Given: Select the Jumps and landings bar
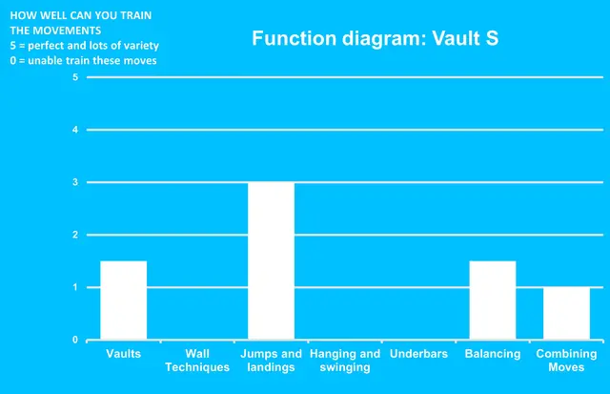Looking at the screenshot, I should click(x=271, y=260).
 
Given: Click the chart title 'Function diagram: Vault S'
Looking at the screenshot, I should click(x=375, y=39).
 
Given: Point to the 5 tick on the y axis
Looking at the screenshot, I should click(x=75, y=77).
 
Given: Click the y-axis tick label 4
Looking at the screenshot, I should click(x=75, y=130).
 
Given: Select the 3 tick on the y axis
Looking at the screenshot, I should click(x=75, y=182).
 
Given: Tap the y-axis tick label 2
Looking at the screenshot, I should click(x=75, y=235).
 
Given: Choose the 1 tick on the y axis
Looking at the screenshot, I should click(x=75, y=287).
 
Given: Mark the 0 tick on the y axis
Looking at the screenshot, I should click(x=75, y=340).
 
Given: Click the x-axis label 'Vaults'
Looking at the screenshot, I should click(x=124, y=354).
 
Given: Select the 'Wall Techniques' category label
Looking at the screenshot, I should click(x=197, y=360).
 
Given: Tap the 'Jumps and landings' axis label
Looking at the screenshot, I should click(x=271, y=360).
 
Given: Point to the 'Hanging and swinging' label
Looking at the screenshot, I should click(x=345, y=360).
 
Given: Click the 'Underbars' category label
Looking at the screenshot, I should click(x=418, y=354).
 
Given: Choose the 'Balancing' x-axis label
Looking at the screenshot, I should click(x=493, y=354).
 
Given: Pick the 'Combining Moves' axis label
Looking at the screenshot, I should click(x=566, y=360).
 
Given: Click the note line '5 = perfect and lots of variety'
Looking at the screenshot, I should click(x=85, y=45).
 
